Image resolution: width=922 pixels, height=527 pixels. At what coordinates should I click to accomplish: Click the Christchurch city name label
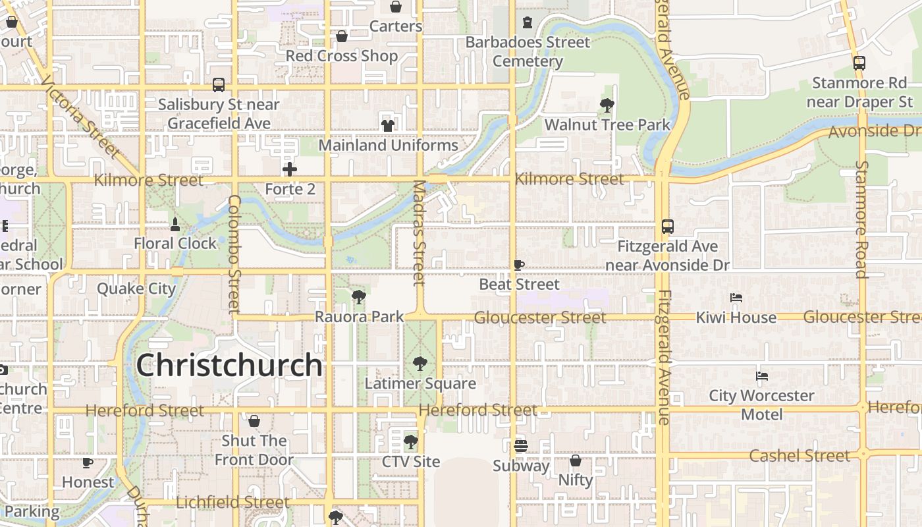pos(229,365)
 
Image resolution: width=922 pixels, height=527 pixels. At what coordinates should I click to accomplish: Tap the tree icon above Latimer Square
pos(420,363)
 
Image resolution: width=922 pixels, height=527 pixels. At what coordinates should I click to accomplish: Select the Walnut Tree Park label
pos(607,125)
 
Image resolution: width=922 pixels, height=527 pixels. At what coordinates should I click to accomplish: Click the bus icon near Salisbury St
pos(219,85)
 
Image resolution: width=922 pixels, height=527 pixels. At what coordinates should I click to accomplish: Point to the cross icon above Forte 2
pos(290,169)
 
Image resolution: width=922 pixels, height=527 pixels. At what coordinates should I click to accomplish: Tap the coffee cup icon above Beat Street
pos(519,265)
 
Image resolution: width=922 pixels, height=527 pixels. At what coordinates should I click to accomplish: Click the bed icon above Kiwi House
pos(736,298)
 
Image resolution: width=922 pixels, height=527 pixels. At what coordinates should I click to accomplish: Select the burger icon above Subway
pos(521,446)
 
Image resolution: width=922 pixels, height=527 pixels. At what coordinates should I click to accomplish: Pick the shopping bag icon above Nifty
pos(576,460)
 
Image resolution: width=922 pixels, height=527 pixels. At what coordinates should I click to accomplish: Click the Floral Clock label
pos(175,243)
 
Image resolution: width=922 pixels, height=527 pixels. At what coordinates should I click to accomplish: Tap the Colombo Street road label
pos(234,254)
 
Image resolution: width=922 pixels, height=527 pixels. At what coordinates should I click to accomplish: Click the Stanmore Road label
pos(862,219)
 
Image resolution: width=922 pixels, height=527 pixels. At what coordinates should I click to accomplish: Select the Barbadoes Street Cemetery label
pos(528,51)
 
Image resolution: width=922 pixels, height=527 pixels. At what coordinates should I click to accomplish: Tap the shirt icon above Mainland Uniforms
pos(387,125)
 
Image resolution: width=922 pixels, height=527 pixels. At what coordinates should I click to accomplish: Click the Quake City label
pos(136,289)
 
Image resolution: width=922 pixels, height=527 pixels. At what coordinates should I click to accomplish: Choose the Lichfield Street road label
pos(232,503)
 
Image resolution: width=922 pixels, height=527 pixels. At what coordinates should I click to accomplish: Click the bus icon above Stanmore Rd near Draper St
pos(859,63)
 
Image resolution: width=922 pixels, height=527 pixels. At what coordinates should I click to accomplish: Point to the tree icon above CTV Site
pos(411,441)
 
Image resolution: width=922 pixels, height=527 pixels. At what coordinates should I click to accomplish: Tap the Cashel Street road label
pos(800,455)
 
